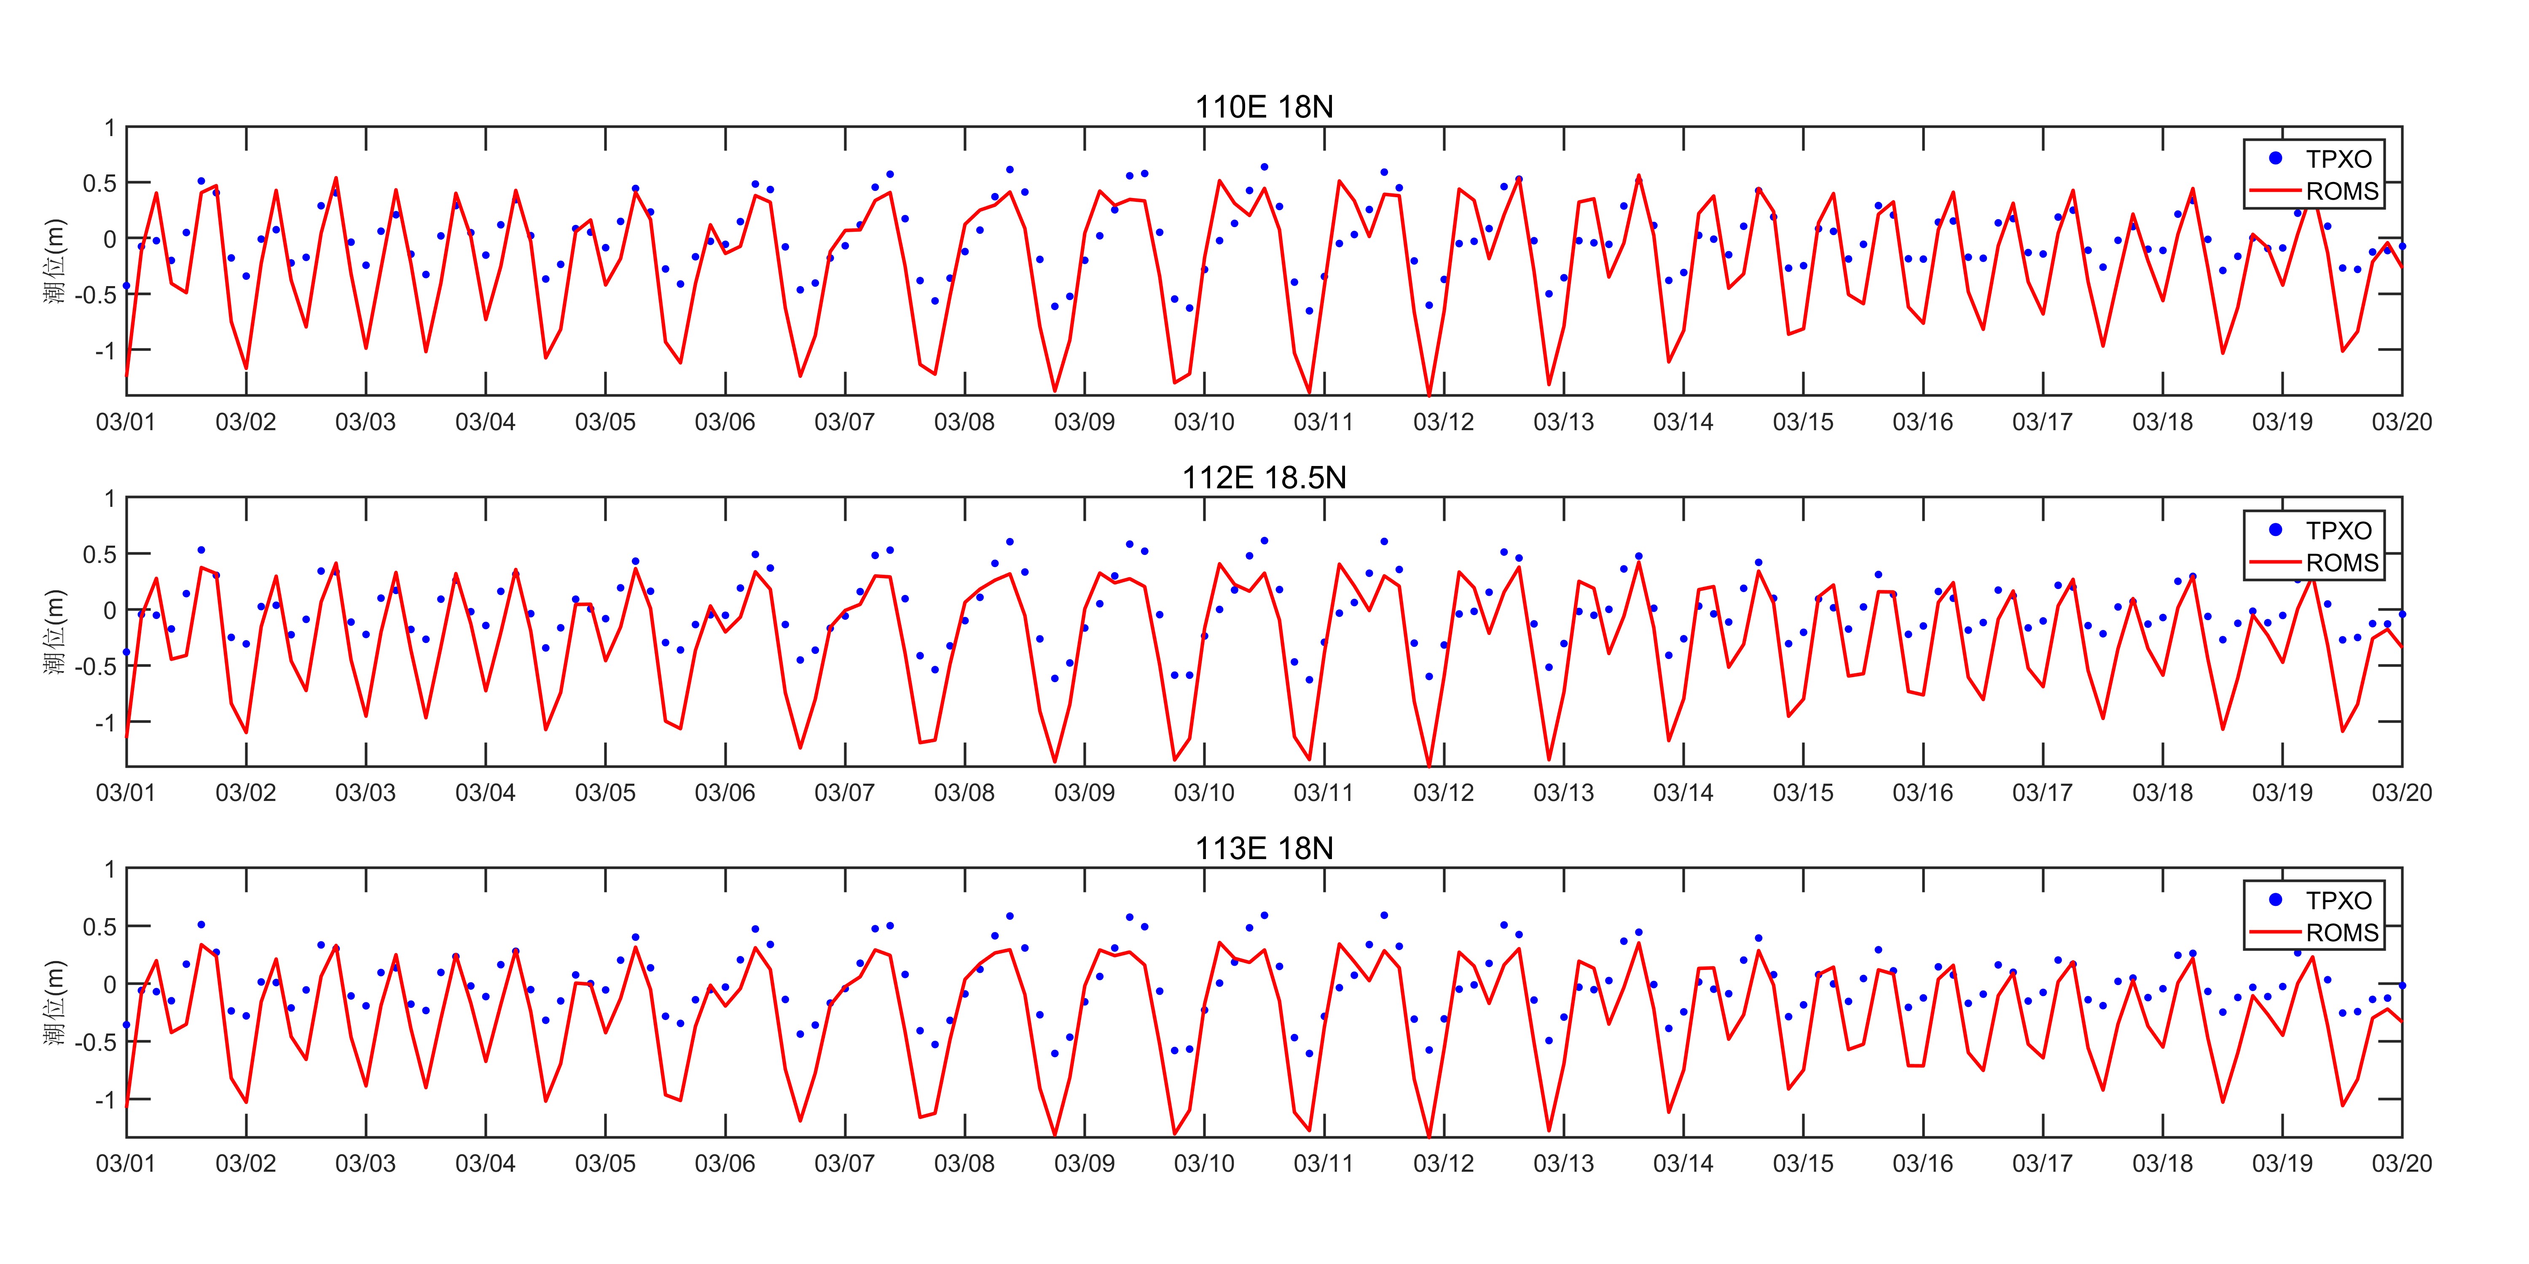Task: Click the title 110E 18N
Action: click(x=1264, y=107)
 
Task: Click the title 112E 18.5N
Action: click(x=1264, y=478)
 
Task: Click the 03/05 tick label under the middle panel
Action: click(x=605, y=793)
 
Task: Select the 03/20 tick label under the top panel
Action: click(x=2401, y=422)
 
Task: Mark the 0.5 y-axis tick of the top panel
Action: click(x=99, y=184)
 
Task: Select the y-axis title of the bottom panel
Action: click(x=54, y=1003)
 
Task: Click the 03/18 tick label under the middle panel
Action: click(x=2162, y=793)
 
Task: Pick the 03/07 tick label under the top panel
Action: click(x=844, y=422)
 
